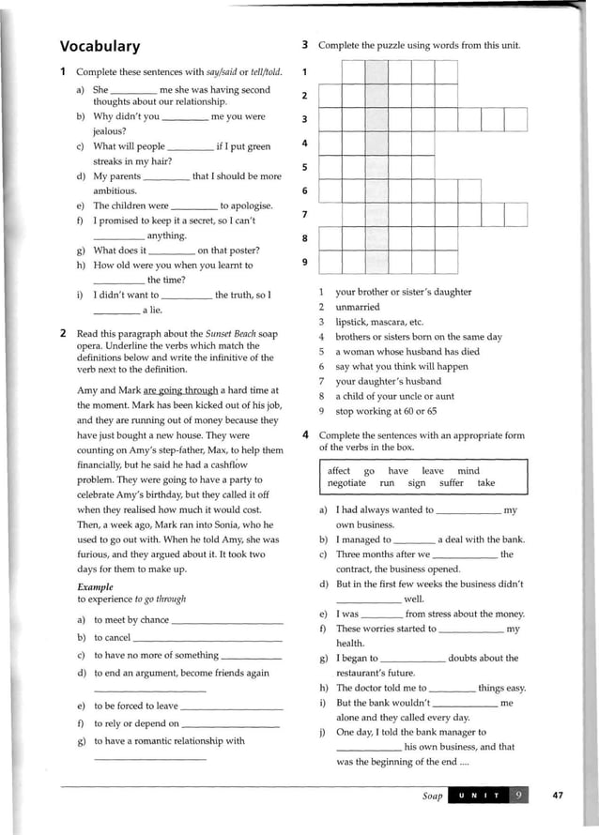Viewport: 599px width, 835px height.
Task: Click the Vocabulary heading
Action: (100, 46)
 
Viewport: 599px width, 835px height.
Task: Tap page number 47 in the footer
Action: (557, 796)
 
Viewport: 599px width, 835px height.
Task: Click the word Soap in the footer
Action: (432, 797)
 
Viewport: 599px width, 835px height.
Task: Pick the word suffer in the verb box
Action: (452, 483)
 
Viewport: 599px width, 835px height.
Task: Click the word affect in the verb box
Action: (339, 471)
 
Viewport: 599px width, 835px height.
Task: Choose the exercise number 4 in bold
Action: (306, 435)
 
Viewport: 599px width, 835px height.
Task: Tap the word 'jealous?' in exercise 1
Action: (110, 131)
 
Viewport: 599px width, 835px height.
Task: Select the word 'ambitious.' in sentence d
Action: (115, 190)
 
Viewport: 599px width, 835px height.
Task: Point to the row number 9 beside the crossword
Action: (304, 262)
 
